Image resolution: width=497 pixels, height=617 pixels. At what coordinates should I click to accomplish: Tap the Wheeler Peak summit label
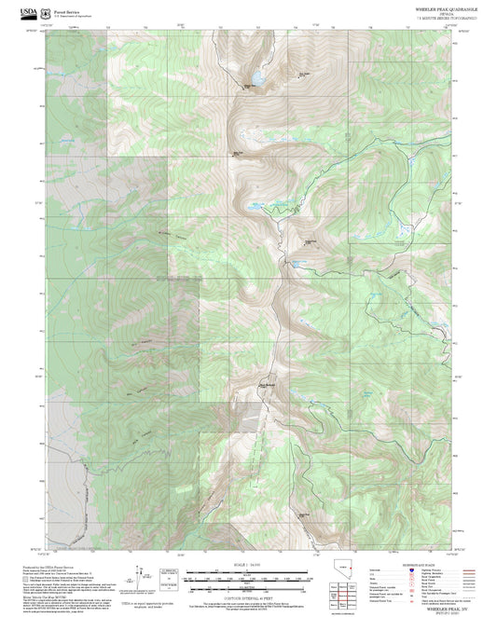250,86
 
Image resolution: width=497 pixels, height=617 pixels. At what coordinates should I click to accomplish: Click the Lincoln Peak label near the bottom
303,514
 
